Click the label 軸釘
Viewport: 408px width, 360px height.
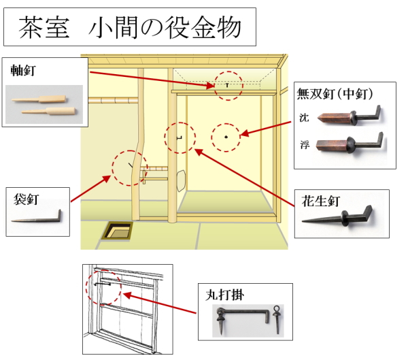coord(24,69)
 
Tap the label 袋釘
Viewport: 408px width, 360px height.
coord(25,199)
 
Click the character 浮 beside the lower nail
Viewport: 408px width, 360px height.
coord(303,144)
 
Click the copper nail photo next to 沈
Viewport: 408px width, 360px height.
coord(349,115)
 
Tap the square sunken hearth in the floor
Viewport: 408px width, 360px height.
coord(118,231)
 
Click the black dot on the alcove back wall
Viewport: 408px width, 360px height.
coord(225,137)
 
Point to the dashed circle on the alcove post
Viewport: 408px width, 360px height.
coord(180,138)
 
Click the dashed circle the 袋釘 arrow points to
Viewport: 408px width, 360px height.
coord(129,168)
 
